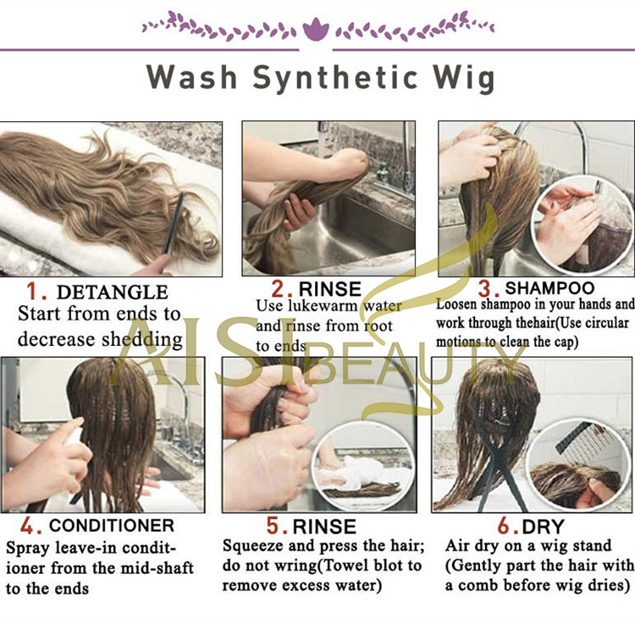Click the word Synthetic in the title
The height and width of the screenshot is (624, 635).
[x=335, y=78]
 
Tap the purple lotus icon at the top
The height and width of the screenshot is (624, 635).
[x=316, y=30]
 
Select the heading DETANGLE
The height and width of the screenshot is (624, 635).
[x=113, y=292]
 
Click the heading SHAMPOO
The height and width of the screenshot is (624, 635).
[x=549, y=288]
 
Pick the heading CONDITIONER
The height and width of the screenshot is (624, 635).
[x=112, y=526]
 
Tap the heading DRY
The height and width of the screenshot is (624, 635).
[x=543, y=526]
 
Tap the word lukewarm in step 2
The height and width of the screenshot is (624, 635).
[x=323, y=306]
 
